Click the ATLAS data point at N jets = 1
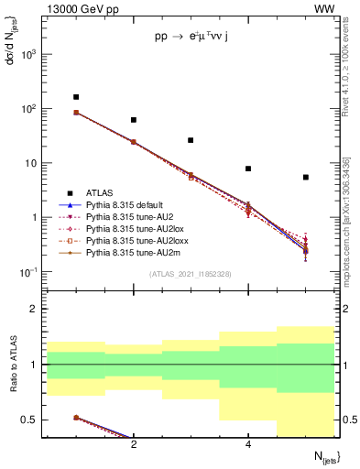76,97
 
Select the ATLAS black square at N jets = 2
134,120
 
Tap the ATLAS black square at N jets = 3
191,140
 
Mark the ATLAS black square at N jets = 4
248,169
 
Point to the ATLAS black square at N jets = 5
305,177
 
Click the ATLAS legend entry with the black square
99,193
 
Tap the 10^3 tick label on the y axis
29,54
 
